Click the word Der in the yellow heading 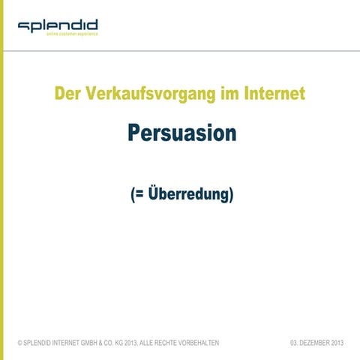pos(68,94)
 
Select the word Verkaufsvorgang pos(151,94)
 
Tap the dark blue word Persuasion pos(181,133)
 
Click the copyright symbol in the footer pos(19,343)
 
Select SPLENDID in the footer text pos(37,343)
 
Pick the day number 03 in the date pos(293,343)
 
